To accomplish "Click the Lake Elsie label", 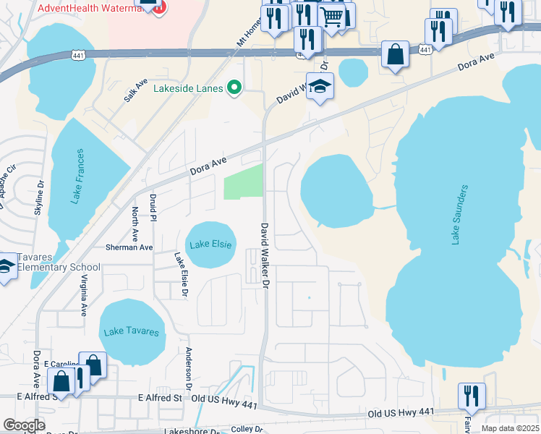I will (211, 244).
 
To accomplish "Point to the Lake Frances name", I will (79, 176).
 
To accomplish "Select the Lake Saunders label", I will (459, 214).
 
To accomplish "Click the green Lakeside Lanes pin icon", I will (234, 89).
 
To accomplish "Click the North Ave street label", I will (135, 224).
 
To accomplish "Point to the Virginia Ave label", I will (84, 295).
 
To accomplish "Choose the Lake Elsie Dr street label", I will (180, 275).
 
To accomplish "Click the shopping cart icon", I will (332, 16).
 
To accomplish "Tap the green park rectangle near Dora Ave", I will (244, 182).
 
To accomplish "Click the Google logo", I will (24, 425).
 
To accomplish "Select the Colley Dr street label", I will (247, 429).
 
